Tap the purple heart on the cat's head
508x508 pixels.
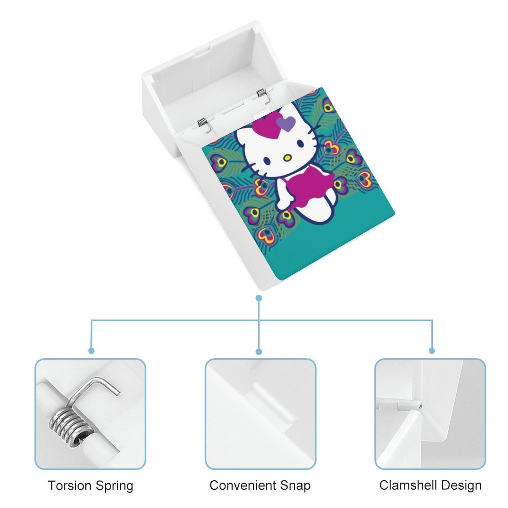point(286,123)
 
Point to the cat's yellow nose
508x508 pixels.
point(287,157)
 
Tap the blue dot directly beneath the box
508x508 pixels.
point(259,298)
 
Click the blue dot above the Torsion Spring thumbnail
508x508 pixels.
point(91,351)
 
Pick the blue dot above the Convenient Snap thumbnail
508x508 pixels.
point(259,351)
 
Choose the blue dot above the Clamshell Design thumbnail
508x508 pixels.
point(432,351)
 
